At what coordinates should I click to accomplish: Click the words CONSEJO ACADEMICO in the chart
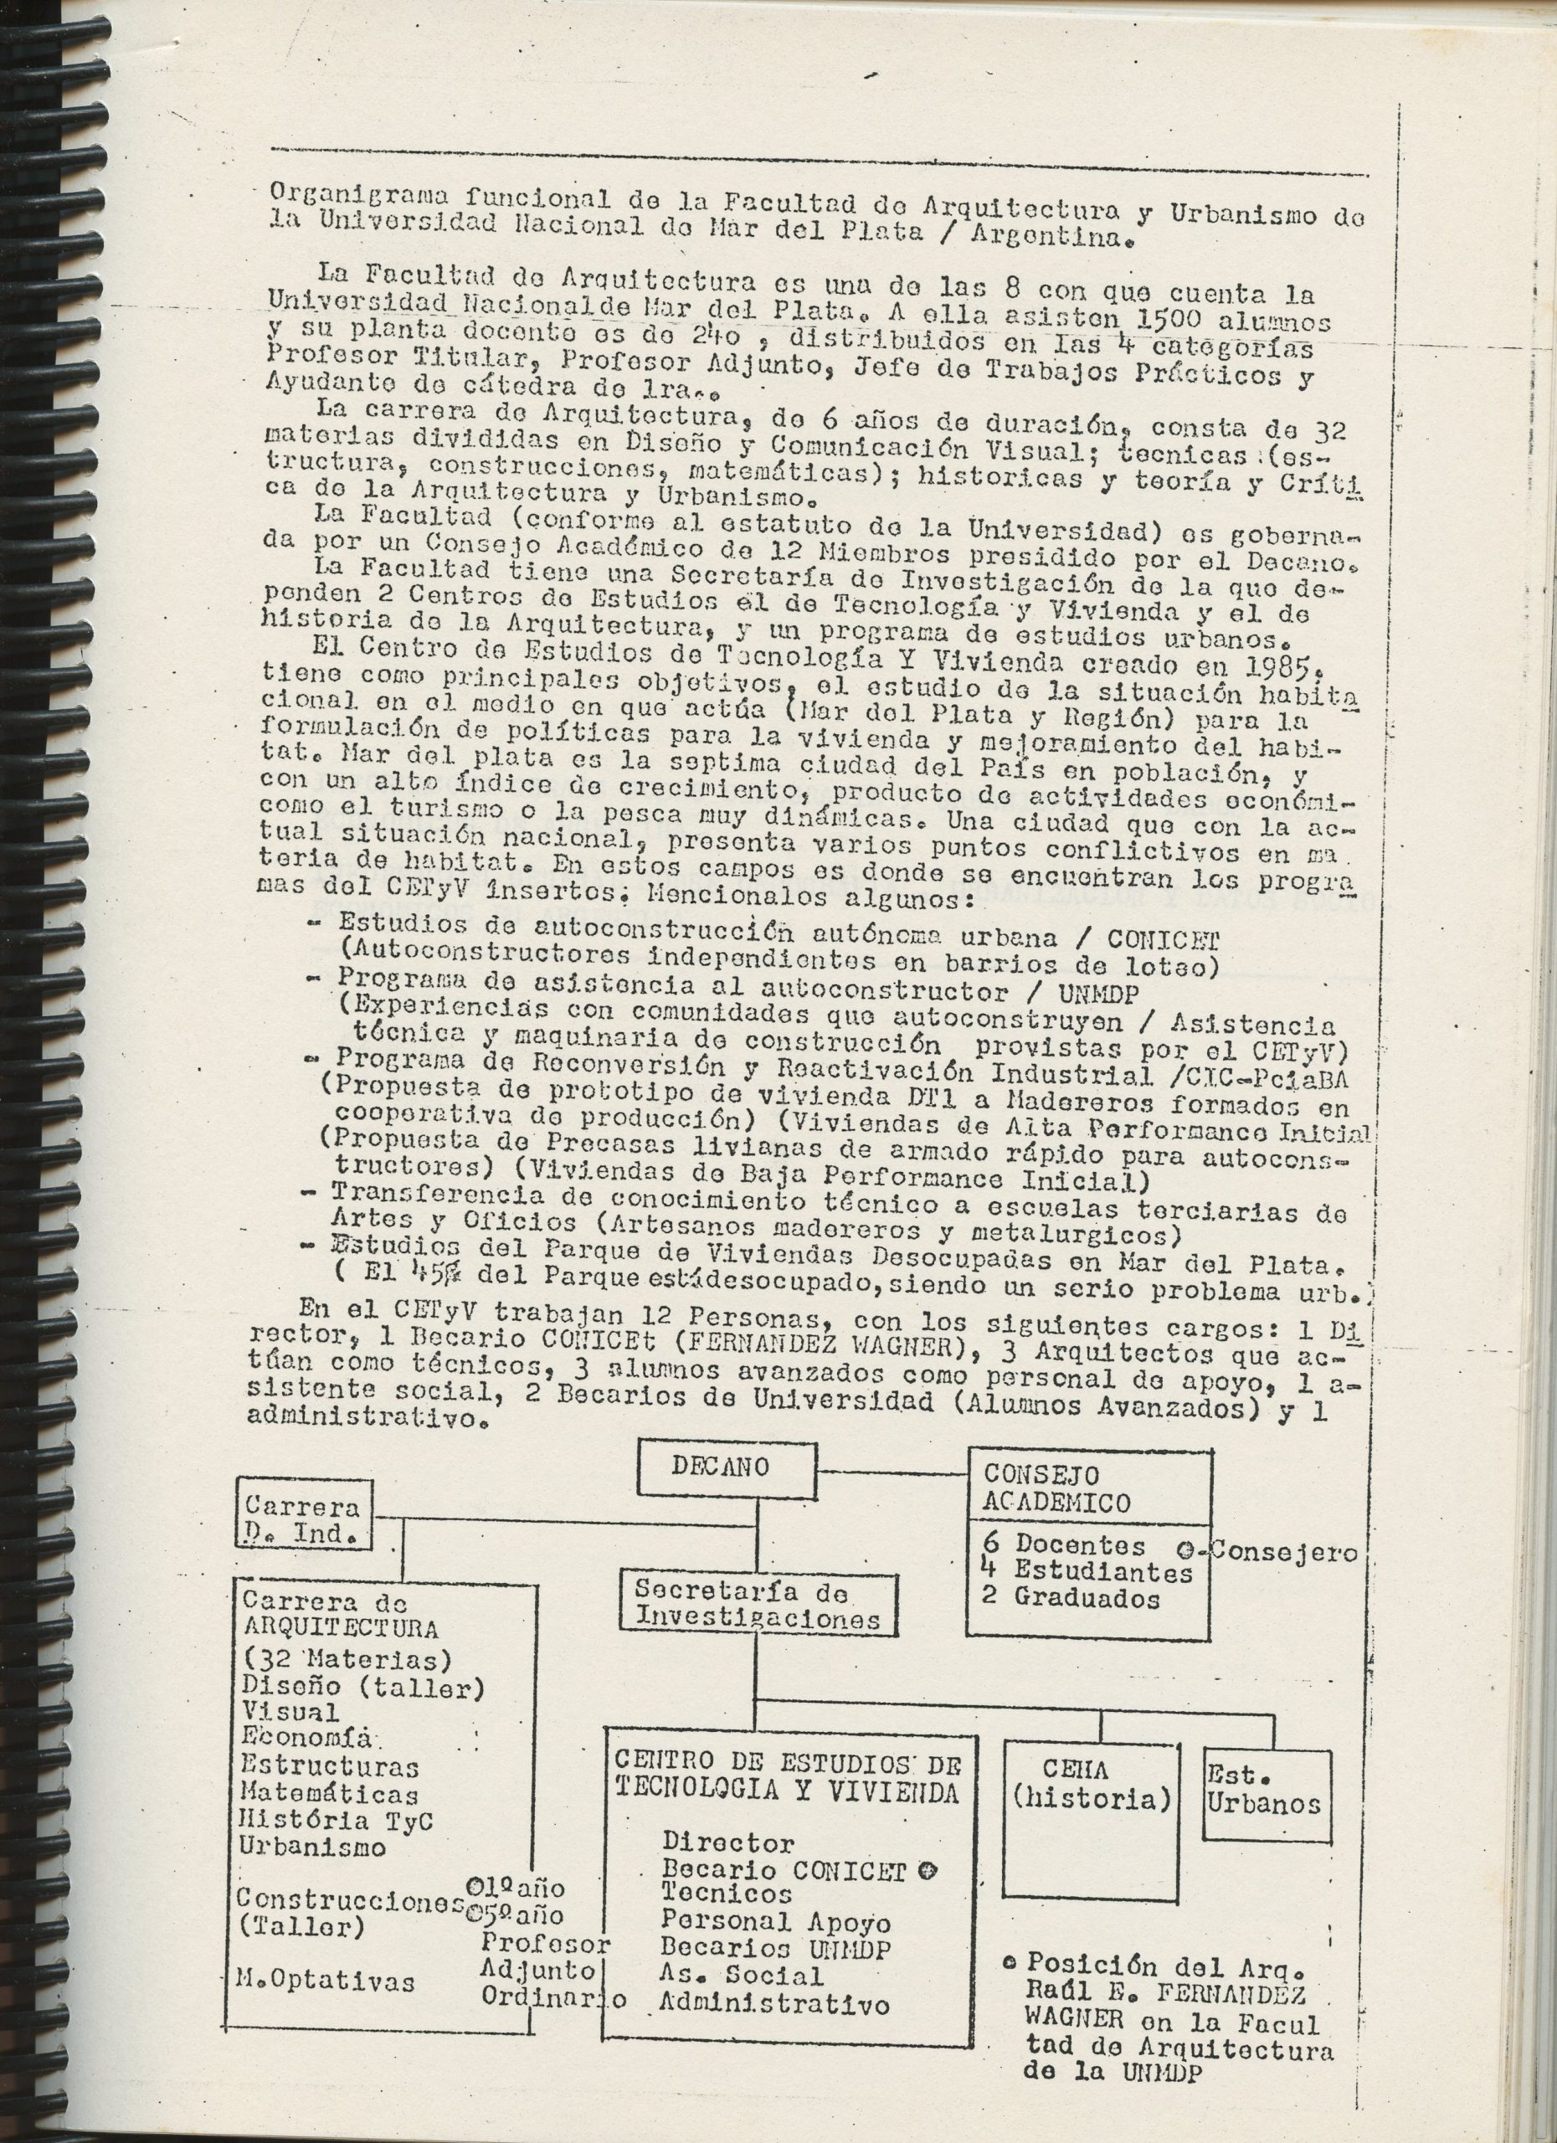pyautogui.click(x=1057, y=1488)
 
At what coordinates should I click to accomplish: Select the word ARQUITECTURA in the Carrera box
pyautogui.click(x=340, y=1628)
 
